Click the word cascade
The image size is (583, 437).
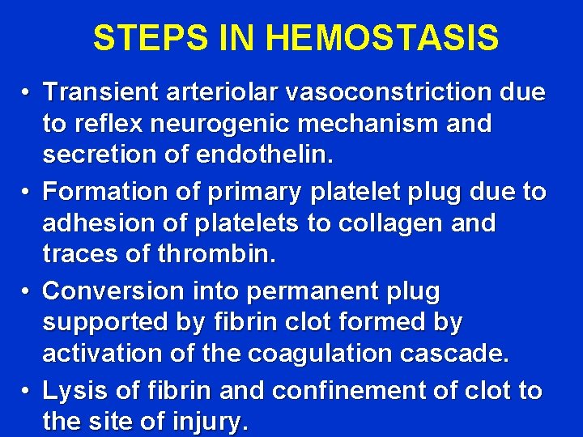click(x=459, y=354)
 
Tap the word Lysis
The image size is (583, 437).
click(x=75, y=390)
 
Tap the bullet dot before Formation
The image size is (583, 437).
click(x=27, y=193)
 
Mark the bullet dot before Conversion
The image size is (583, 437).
click(x=27, y=291)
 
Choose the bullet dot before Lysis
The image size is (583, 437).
click(x=27, y=392)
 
